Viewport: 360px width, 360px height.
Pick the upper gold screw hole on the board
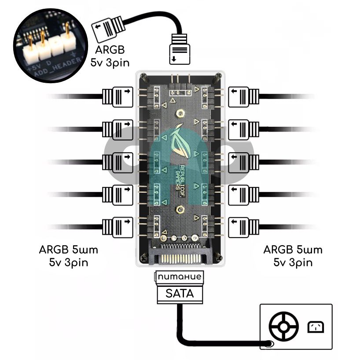(x=179, y=114)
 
